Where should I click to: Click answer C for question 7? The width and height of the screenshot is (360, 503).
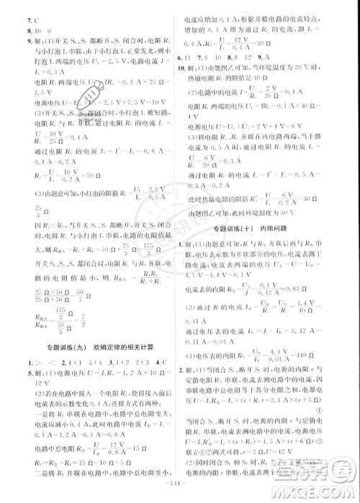(32, 20)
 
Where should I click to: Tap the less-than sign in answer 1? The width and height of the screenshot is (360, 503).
(55, 363)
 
